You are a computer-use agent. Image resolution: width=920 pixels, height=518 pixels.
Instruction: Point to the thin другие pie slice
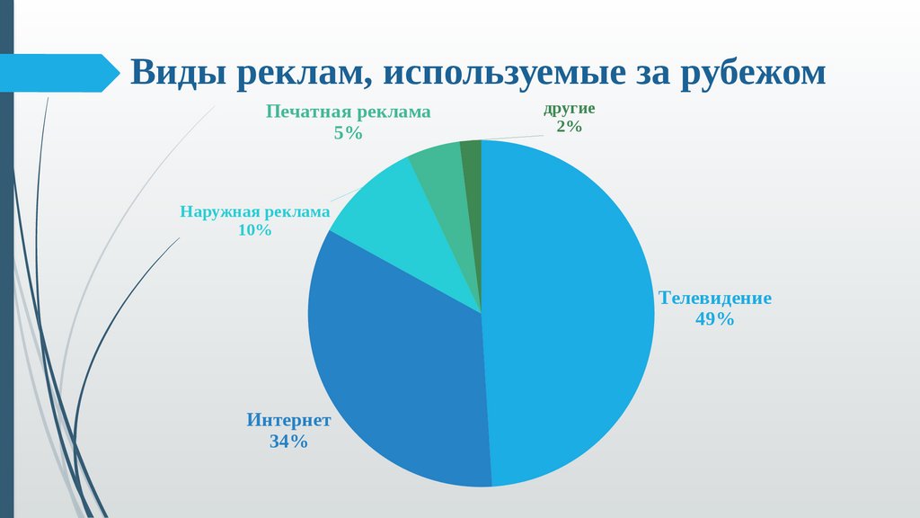coord(472,157)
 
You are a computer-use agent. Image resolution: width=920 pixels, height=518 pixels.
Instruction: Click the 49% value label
coord(715,318)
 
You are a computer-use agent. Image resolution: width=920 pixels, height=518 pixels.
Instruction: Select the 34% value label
coord(288,442)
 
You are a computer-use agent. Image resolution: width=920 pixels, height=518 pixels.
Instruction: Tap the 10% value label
coord(254,230)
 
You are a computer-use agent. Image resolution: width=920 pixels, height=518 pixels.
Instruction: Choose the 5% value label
coord(347,132)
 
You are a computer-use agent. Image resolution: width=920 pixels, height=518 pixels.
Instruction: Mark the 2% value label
coord(569,127)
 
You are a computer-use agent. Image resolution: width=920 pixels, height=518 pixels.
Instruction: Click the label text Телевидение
coord(715,298)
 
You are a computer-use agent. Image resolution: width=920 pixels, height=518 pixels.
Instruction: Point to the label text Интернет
coord(289,421)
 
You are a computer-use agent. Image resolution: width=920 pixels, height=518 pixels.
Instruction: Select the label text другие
coord(569,109)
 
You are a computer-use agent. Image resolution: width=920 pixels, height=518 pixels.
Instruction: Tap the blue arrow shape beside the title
coord(58,73)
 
